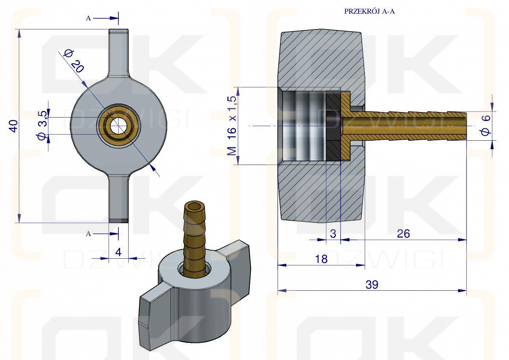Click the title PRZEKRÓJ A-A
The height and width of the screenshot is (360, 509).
point(369,12)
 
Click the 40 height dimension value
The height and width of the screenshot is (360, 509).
point(13,126)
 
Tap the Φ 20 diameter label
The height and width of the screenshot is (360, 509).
point(74,60)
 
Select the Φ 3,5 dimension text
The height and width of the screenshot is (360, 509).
point(43,125)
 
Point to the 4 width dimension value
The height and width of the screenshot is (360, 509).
point(118,252)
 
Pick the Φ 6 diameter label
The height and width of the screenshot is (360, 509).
point(486,125)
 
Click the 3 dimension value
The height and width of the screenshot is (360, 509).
point(333,234)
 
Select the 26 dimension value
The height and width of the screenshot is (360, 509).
point(403,234)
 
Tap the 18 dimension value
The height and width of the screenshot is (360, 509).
point(321,259)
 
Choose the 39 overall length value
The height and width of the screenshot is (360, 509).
point(372,285)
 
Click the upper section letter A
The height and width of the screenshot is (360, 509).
point(88,18)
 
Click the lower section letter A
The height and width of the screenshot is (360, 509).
point(88,234)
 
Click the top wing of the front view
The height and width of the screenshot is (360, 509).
point(118,53)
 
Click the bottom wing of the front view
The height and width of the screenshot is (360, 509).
point(118,198)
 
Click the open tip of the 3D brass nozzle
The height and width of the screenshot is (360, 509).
point(195,207)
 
